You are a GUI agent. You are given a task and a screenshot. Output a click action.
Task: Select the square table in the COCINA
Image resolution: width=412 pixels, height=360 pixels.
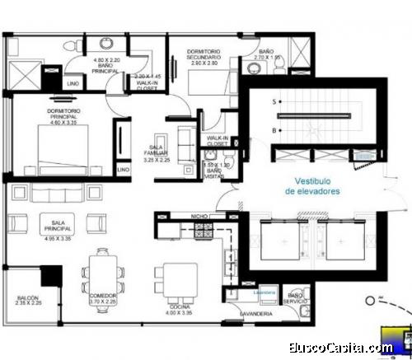click(x=178, y=280)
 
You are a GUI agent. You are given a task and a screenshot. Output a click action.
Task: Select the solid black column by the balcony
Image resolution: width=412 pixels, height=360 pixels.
click(x=53, y=277)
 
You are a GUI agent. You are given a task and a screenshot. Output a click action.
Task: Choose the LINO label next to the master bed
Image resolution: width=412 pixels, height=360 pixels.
click(x=124, y=169)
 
